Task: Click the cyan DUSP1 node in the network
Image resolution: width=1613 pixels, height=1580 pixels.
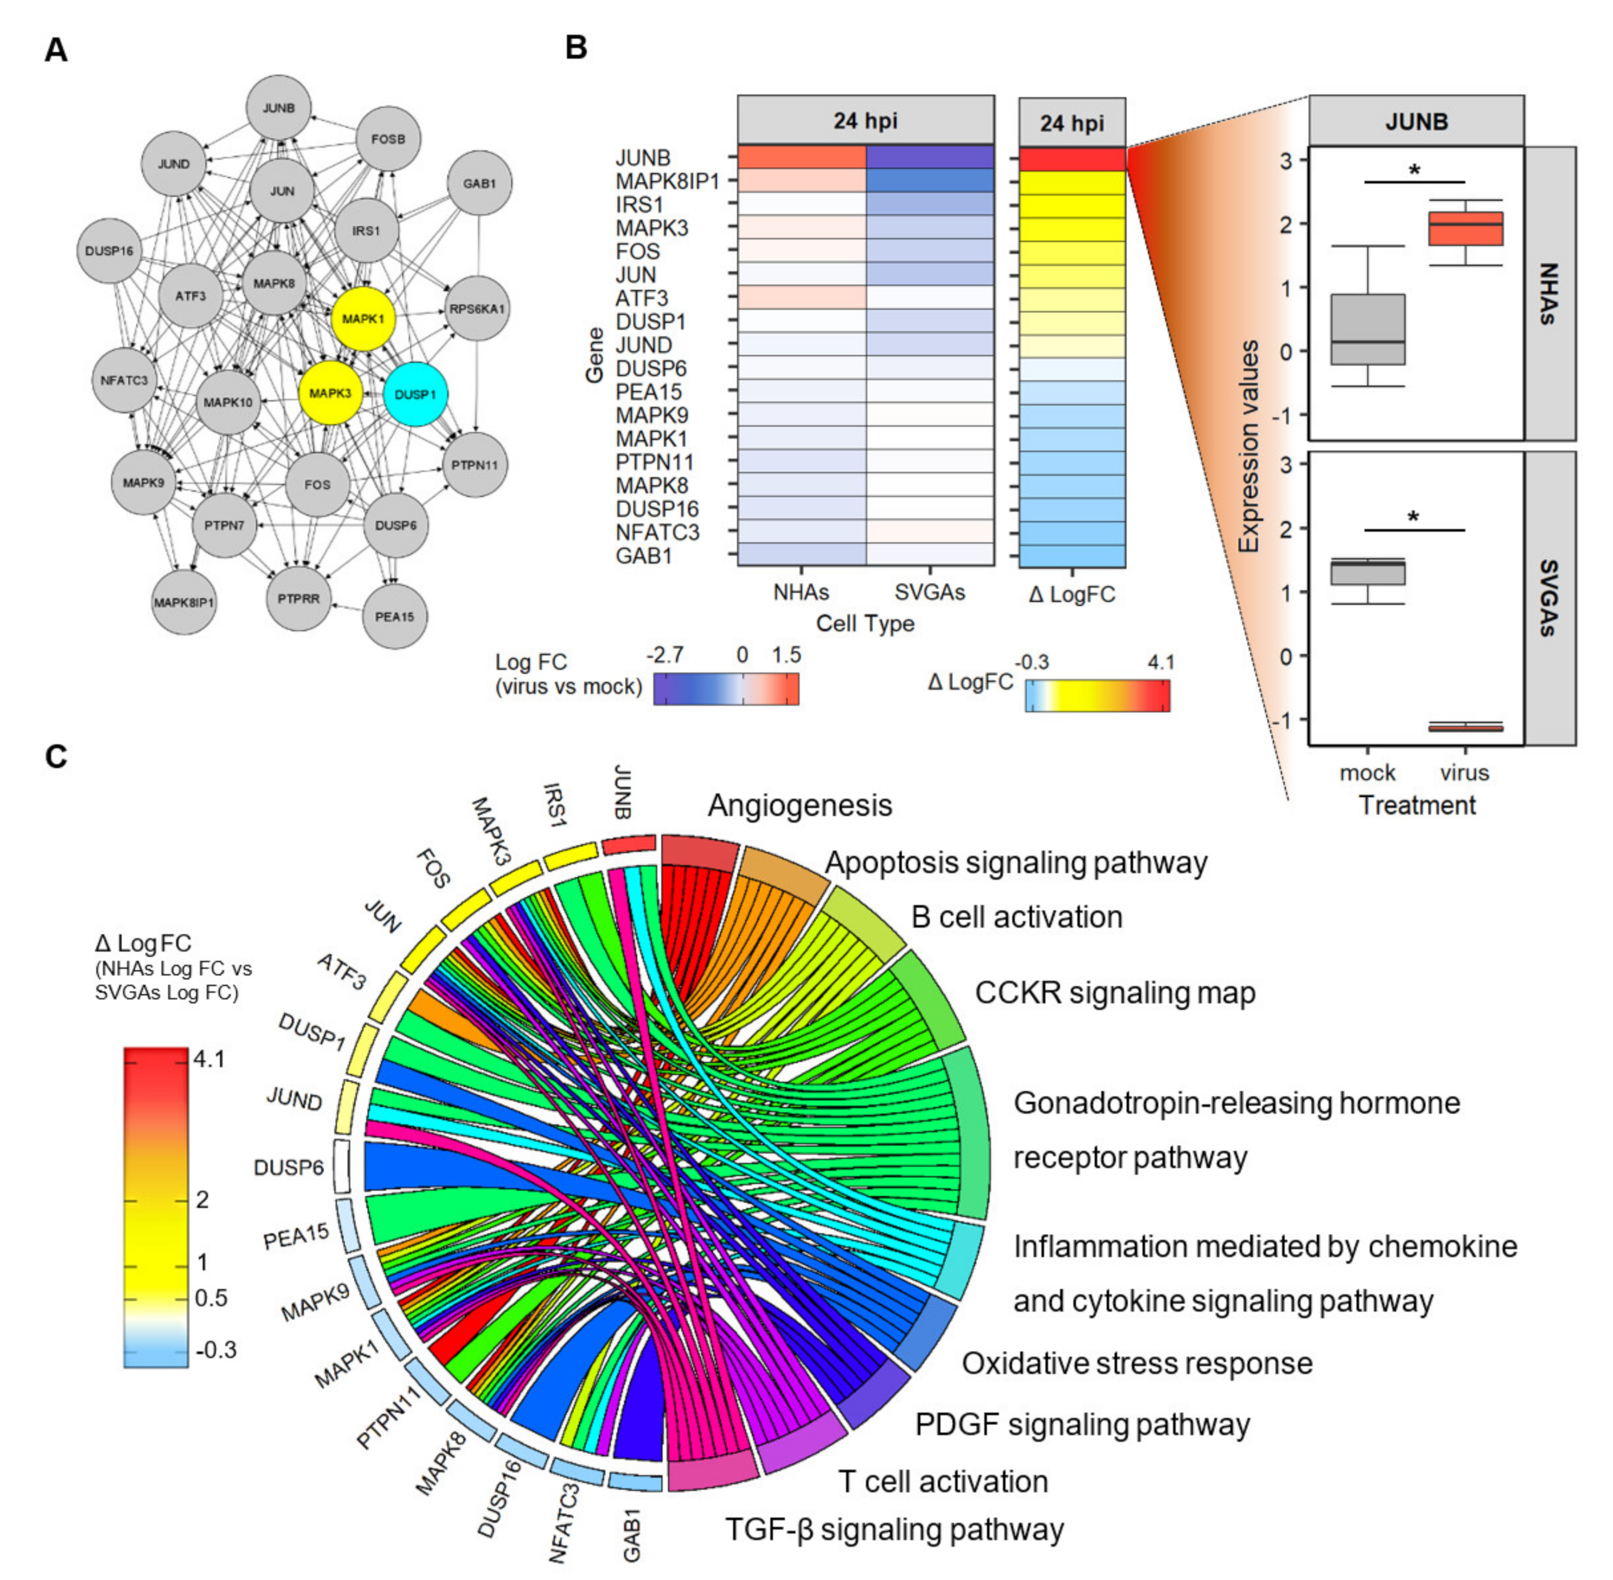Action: (x=415, y=394)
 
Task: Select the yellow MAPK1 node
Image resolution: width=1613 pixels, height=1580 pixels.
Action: (x=363, y=319)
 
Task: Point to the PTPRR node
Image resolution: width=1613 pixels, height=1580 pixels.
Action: (x=299, y=598)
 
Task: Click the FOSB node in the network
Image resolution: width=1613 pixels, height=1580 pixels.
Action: (x=388, y=139)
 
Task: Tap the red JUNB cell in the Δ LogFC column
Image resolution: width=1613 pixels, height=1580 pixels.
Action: (x=1072, y=158)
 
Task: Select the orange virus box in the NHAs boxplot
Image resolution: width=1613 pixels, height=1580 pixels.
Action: (x=1465, y=228)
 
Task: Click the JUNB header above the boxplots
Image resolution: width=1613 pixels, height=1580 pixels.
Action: (x=1416, y=122)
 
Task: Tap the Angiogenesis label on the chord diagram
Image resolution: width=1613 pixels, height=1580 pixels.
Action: (x=800, y=805)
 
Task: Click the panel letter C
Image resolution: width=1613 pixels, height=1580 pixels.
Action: (x=56, y=757)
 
